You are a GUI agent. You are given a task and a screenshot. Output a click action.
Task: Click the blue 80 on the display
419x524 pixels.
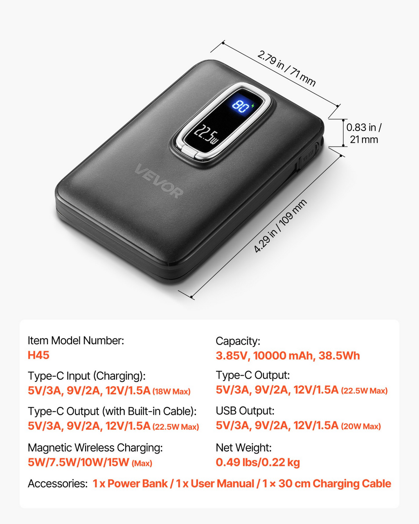241,106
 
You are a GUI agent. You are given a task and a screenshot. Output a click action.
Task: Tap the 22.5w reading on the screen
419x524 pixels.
206,134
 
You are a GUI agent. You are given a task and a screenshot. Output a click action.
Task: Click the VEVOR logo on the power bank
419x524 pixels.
158,181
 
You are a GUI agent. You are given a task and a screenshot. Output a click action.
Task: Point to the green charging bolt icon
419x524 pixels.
253,106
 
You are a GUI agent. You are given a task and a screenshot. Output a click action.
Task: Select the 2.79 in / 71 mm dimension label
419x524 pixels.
286,68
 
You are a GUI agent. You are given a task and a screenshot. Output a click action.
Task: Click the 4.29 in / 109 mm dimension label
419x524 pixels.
280,226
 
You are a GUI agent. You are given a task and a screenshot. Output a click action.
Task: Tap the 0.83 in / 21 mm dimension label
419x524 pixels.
364,133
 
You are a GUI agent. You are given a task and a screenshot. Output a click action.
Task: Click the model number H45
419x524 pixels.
38,355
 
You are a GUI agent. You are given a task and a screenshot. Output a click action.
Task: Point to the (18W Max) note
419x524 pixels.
171,391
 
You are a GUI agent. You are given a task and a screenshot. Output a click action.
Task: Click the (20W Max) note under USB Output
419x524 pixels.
361,426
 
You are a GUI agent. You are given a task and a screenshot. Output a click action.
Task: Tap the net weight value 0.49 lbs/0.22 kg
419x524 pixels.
258,462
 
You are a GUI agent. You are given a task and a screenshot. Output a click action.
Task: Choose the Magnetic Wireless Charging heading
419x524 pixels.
95,447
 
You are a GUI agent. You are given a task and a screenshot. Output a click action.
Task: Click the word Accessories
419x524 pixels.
58,483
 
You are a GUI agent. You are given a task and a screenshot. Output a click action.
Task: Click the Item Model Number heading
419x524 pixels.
76,341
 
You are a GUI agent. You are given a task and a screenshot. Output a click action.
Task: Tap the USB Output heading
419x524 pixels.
245,411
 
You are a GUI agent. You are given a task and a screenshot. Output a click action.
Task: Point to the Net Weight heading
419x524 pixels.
244,447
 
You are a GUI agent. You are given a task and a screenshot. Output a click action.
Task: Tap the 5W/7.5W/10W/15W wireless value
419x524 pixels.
79,462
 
